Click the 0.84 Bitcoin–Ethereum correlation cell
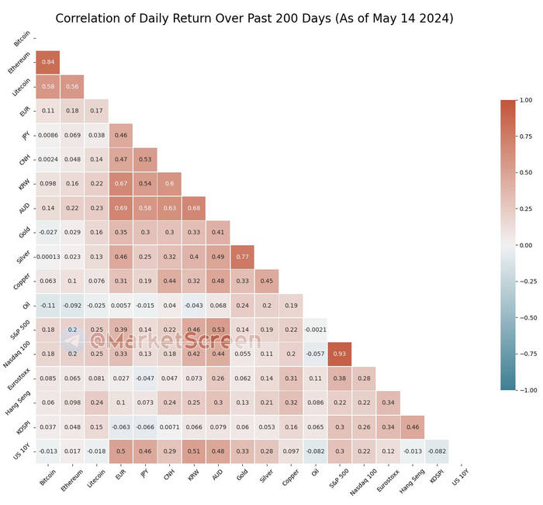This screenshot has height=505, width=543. [47, 62]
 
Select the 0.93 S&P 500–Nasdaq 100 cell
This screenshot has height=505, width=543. [341, 354]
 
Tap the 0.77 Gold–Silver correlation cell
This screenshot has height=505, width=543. [243, 257]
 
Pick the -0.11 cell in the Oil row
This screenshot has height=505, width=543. [47, 306]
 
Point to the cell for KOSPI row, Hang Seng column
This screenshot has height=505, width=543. [413, 427]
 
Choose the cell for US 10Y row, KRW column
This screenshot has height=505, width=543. [194, 451]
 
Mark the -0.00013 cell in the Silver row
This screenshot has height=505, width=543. [47, 257]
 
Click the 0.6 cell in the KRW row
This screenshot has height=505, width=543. [170, 184]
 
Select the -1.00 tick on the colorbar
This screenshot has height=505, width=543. [528, 390]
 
